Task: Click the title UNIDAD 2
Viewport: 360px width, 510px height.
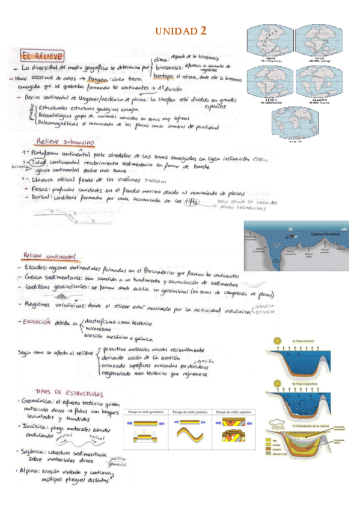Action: click(181, 31)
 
